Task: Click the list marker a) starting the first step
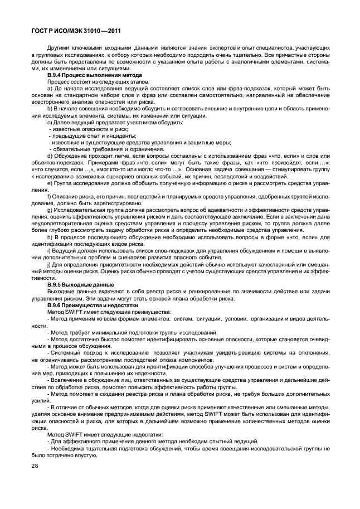[50, 89]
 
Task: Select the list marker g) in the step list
[50, 210]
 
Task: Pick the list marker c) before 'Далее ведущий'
[50, 122]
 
